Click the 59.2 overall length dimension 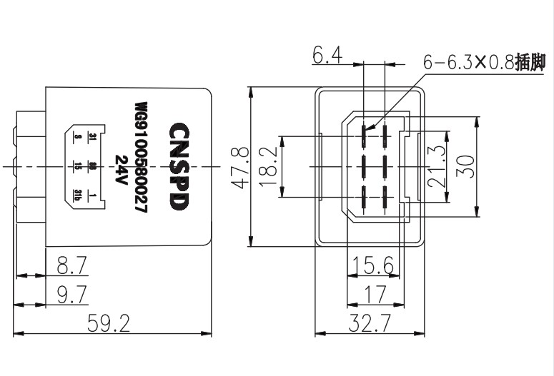click(109, 324)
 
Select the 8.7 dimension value click(71, 266)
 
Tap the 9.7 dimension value click(71, 293)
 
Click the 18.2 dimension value click(269, 167)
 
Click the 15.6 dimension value click(374, 266)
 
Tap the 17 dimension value click(374, 293)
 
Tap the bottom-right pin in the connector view click(385, 196)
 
